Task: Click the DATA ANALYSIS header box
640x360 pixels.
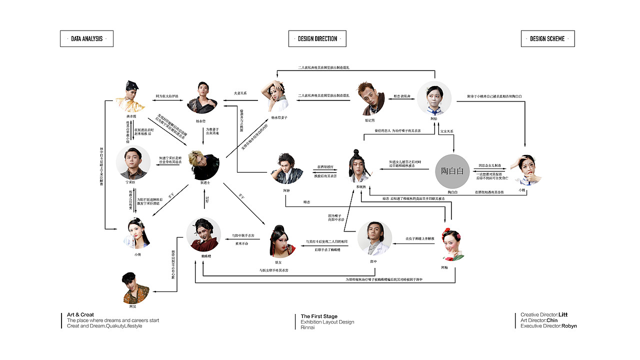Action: coord(86,38)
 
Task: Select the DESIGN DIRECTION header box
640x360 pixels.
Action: coord(317,38)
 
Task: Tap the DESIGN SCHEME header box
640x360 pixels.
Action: coord(547,38)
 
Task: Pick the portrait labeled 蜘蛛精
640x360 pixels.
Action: coord(203,234)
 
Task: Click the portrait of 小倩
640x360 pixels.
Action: coord(137,233)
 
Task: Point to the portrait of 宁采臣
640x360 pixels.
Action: coord(133,162)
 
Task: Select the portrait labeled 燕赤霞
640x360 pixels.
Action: coord(131,96)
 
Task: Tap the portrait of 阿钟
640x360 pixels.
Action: coord(286,168)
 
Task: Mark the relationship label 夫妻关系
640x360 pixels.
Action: coord(240,93)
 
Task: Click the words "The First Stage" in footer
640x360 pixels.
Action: coord(319,316)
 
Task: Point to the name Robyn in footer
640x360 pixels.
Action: coord(569,326)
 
